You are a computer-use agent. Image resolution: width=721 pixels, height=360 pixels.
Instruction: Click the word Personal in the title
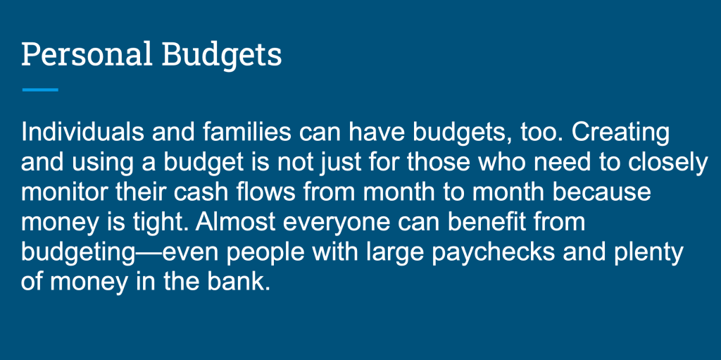87,54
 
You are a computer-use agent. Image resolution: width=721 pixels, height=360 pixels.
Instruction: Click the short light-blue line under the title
40,89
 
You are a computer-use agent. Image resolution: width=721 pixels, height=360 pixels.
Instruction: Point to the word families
249,132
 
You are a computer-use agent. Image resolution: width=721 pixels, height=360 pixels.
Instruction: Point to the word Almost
235,223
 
